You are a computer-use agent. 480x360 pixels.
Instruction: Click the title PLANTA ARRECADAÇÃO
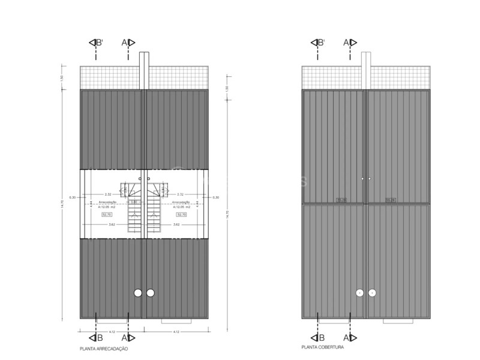click(103, 349)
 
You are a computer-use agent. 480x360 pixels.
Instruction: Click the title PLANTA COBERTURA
click(323, 347)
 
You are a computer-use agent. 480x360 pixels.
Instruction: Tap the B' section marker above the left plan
click(96, 43)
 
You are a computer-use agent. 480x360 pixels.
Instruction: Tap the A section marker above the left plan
click(128, 43)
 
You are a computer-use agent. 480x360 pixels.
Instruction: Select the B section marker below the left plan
click(97, 338)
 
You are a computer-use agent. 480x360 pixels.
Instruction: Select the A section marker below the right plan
click(350, 338)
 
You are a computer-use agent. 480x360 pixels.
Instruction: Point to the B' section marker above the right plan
click(318, 43)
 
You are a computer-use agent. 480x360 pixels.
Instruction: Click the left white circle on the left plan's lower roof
click(137, 293)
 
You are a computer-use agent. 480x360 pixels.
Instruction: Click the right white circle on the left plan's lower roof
click(151, 293)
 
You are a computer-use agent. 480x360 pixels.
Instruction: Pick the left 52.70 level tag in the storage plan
click(107, 214)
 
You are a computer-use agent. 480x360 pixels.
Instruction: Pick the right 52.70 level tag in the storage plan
click(180, 214)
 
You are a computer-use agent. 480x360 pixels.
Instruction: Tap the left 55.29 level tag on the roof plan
click(341, 200)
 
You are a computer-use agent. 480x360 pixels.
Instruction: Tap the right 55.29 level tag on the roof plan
click(391, 200)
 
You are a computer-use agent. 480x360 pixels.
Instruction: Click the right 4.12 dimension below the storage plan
click(176, 332)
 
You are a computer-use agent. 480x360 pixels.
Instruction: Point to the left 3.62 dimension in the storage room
click(112, 224)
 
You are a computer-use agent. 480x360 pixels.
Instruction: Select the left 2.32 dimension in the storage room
click(107, 194)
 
